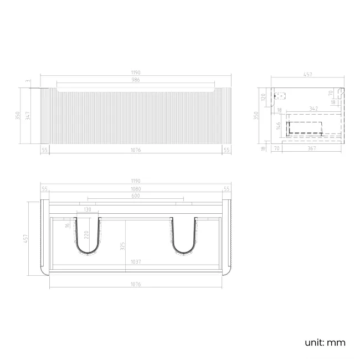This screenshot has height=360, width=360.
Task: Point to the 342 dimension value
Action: (313, 109)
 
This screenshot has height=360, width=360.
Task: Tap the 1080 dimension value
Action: (136, 189)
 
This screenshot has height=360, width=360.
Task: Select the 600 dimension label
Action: (136, 196)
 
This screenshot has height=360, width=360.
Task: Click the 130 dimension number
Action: (88, 209)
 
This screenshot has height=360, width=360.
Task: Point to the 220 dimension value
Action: (86, 234)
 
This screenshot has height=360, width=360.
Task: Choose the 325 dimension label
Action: (123, 244)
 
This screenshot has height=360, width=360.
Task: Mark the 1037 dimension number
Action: (136, 261)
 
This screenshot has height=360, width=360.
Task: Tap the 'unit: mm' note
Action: (325, 342)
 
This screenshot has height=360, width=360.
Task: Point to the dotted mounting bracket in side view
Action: (280, 95)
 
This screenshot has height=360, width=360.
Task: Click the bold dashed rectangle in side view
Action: (304, 128)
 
